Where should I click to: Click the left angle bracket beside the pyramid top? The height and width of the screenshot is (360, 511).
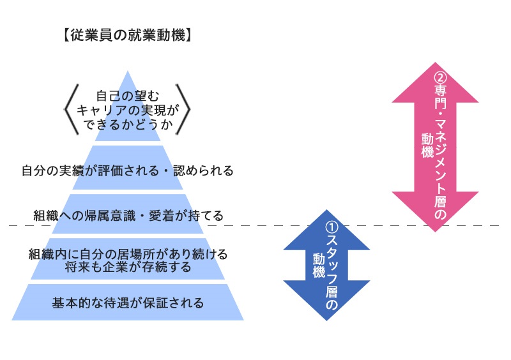(71, 109)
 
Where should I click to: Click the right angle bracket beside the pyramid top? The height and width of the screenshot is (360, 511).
(183, 109)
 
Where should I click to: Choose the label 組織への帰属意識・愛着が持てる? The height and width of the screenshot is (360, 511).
(128, 216)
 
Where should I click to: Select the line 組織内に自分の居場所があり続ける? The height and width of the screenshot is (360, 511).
(128, 254)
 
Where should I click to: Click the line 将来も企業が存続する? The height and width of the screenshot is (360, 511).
(128, 267)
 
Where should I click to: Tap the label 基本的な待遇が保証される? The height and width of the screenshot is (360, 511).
(128, 303)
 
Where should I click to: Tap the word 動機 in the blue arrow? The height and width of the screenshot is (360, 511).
(318, 266)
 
